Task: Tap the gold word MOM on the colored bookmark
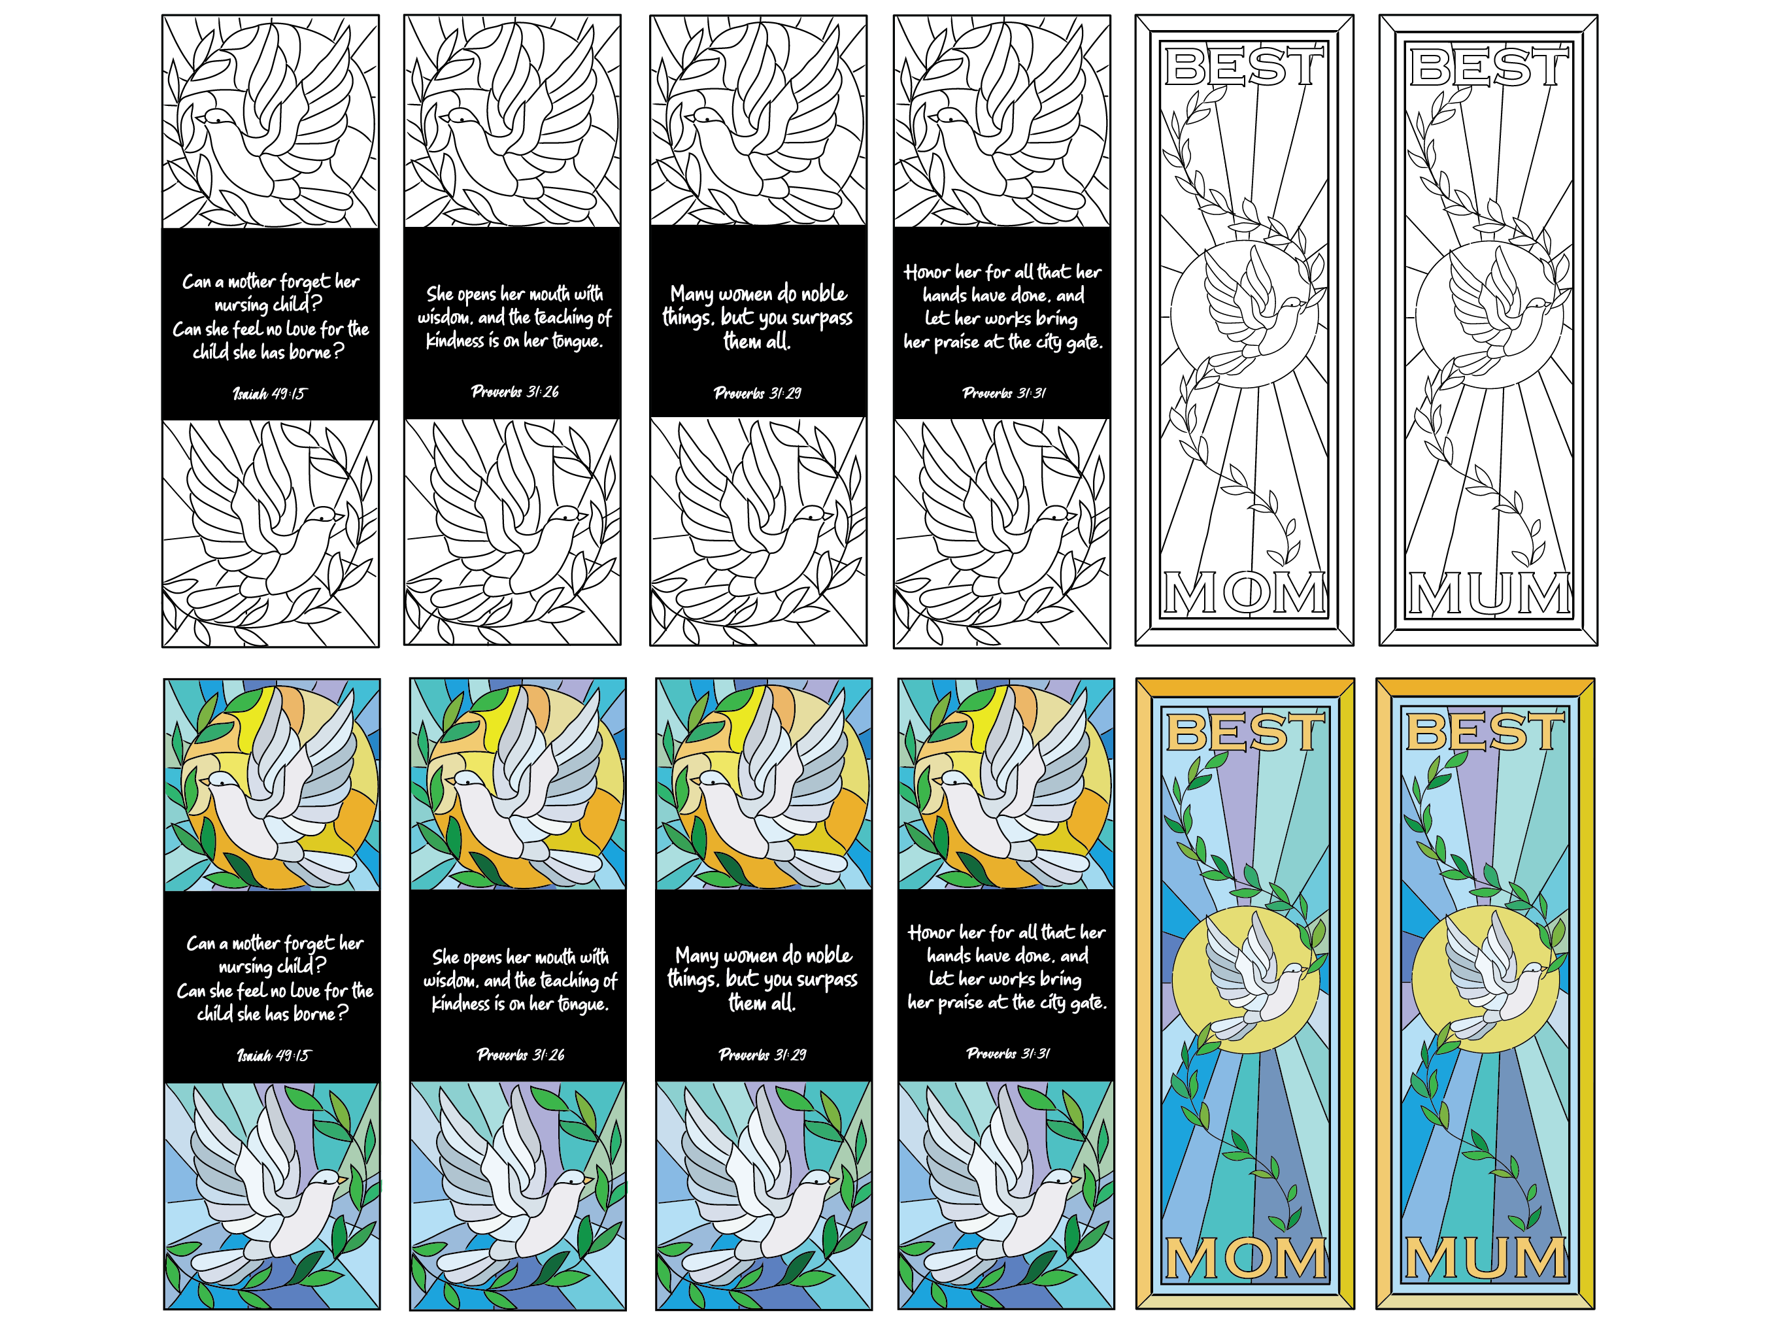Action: point(1245,1259)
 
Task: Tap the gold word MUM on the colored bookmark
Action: point(1485,1259)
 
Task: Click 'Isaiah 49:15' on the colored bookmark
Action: point(274,1055)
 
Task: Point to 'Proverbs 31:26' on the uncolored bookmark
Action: point(514,391)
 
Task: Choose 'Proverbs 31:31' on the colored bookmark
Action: point(1008,1053)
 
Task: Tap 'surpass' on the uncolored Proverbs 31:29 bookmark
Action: point(822,318)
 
